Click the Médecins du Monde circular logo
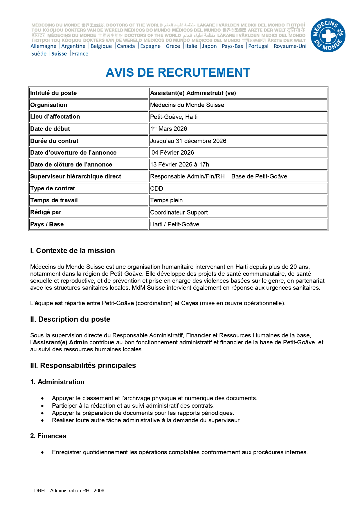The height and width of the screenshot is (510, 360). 328,36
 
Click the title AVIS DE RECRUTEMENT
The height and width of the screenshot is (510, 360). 178,73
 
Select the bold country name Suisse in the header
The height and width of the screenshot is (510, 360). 59,54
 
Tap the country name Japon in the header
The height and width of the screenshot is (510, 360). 209,46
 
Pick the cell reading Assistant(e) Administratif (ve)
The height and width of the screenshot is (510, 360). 193,93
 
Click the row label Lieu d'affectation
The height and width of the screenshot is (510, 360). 55,117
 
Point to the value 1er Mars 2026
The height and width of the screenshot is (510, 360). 168,129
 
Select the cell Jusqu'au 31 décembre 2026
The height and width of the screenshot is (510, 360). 188,141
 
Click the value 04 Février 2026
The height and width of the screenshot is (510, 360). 173,153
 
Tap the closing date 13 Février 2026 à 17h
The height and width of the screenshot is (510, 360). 179,164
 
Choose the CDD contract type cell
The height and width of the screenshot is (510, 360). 157,188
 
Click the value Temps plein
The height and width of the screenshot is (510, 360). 166,200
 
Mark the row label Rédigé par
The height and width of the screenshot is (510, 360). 46,212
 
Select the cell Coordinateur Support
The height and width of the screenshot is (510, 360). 179,212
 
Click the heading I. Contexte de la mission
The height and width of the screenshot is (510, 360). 72,250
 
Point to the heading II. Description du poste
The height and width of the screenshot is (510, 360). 70,319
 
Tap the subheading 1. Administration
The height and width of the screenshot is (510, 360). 57,382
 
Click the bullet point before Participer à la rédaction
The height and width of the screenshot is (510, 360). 43,406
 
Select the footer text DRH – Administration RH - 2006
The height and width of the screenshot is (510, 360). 69,491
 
